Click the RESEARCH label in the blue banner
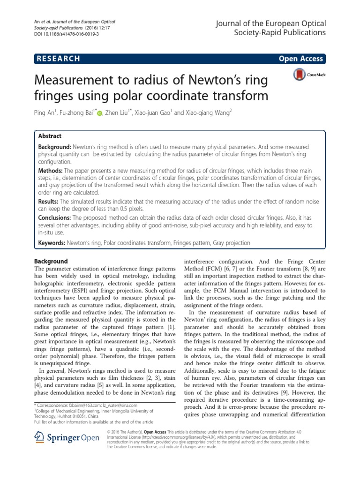coord(57,59)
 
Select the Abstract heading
coord(50,136)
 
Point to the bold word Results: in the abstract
coord(48,201)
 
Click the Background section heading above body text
coord(52,261)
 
